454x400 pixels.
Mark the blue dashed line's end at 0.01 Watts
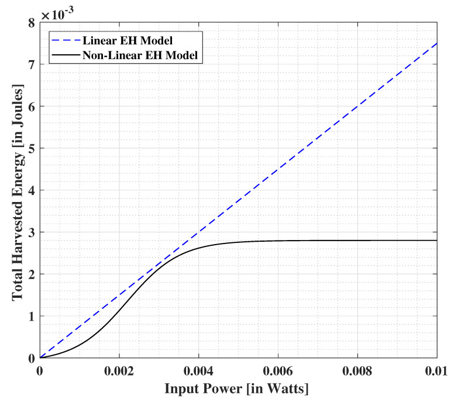click(437, 43)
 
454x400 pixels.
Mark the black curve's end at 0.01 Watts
click(437, 241)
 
